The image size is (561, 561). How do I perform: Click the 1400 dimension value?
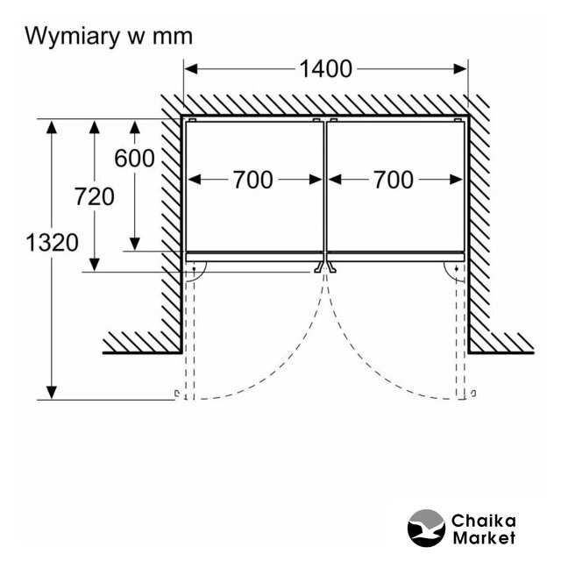325,68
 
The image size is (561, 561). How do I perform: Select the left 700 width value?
252,180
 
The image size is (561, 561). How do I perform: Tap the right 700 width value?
393,180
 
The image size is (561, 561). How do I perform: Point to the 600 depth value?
134,159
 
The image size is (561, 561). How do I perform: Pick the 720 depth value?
94,197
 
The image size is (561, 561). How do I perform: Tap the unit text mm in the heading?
171,37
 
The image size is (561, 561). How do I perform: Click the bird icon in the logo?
427,529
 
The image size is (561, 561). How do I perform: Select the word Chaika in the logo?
484,521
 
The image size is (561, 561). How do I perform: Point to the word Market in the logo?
484,537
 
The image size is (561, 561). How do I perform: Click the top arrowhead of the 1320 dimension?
53,125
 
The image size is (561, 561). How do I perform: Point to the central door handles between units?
324,266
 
